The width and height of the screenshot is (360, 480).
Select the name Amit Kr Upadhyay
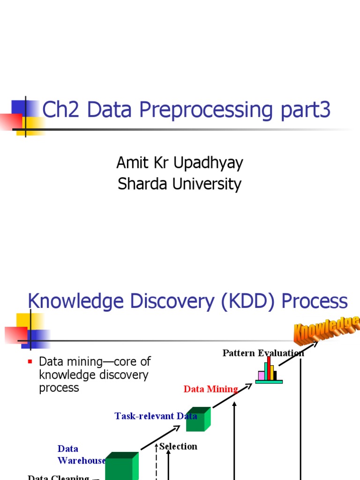[180, 163]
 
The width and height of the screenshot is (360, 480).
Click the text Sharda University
[180, 184]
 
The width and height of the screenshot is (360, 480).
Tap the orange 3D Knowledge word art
[327, 329]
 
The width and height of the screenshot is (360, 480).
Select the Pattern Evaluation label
[263, 353]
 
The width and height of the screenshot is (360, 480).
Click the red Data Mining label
[210, 389]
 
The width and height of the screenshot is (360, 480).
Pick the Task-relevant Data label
[156, 416]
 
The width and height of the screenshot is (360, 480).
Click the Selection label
[179, 446]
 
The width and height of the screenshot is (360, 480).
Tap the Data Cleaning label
[59, 477]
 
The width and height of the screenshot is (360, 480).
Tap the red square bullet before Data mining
[30, 361]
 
